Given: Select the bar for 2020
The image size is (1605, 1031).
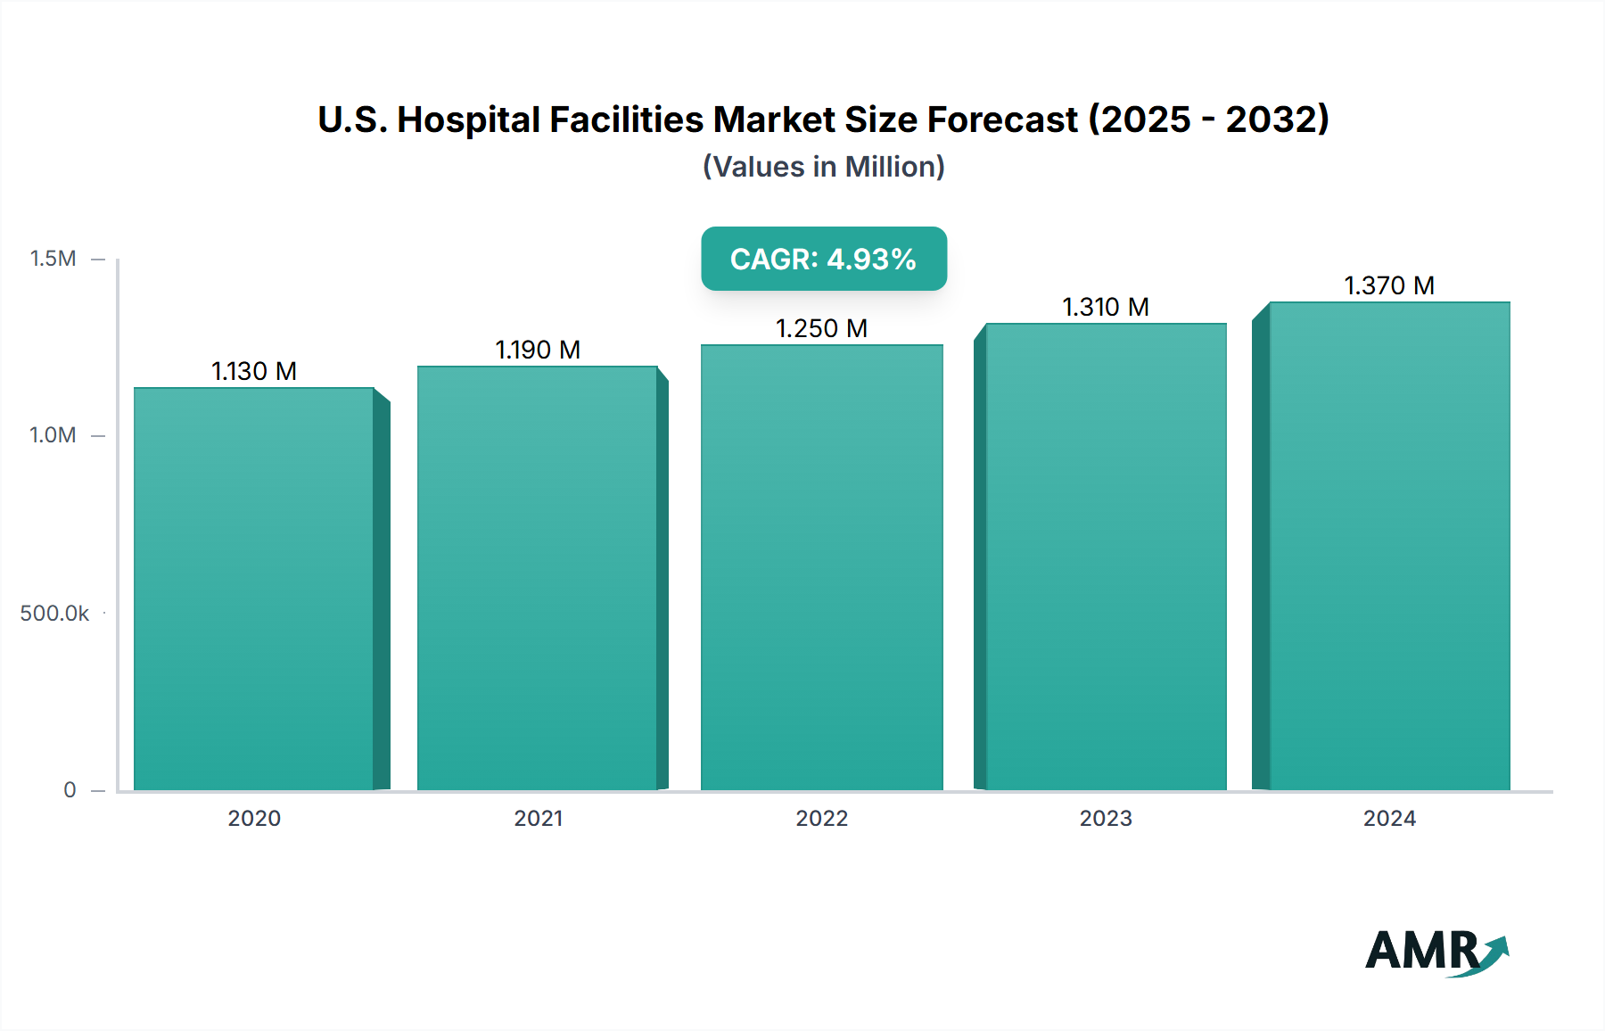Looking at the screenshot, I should click(254, 589).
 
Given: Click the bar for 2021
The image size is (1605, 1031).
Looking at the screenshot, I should click(538, 578).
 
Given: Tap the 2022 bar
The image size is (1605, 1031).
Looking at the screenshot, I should click(821, 567).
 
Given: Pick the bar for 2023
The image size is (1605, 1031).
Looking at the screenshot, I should click(1106, 557).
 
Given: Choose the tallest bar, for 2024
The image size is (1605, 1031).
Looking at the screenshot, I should click(1389, 546).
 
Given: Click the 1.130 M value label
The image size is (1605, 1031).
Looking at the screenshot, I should click(254, 371).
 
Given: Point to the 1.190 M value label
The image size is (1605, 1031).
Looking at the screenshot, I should click(538, 350).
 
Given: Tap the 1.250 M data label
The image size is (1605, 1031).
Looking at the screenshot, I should click(821, 328).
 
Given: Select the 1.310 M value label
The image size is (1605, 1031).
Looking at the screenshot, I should click(1106, 307).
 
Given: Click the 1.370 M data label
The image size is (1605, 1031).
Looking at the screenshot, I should click(1389, 285).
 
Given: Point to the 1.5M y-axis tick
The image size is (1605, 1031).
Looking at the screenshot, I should click(53, 259).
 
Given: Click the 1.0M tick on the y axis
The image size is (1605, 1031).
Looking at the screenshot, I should click(53, 435).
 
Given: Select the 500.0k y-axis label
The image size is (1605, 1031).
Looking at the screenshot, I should click(54, 614).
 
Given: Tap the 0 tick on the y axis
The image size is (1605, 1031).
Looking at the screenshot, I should click(70, 790).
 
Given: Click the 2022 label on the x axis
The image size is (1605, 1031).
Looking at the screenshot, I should click(821, 819).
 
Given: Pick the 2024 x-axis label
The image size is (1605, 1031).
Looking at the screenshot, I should click(1389, 819).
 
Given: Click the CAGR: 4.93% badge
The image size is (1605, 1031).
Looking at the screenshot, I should click(824, 259).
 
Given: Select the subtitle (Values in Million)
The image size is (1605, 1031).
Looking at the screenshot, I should click(824, 167).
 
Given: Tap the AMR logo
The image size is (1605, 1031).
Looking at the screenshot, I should click(1436, 952).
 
